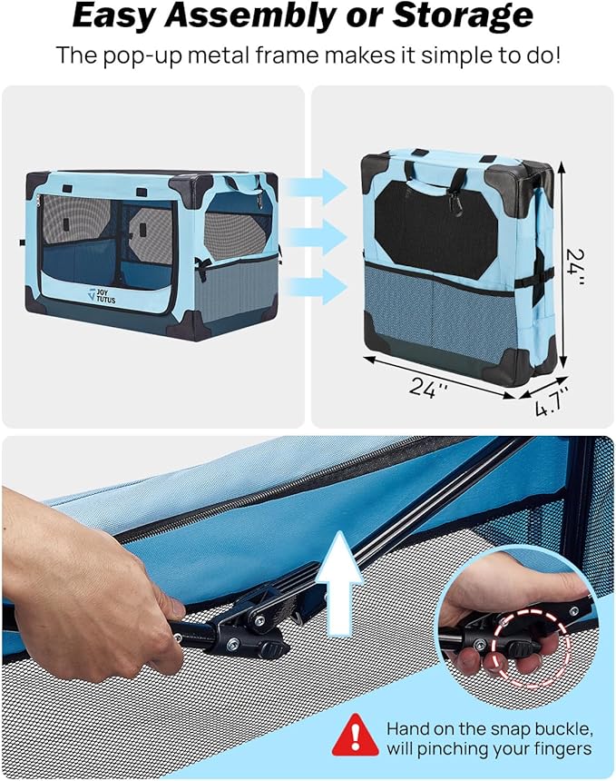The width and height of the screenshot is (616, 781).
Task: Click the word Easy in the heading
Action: [112, 16]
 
